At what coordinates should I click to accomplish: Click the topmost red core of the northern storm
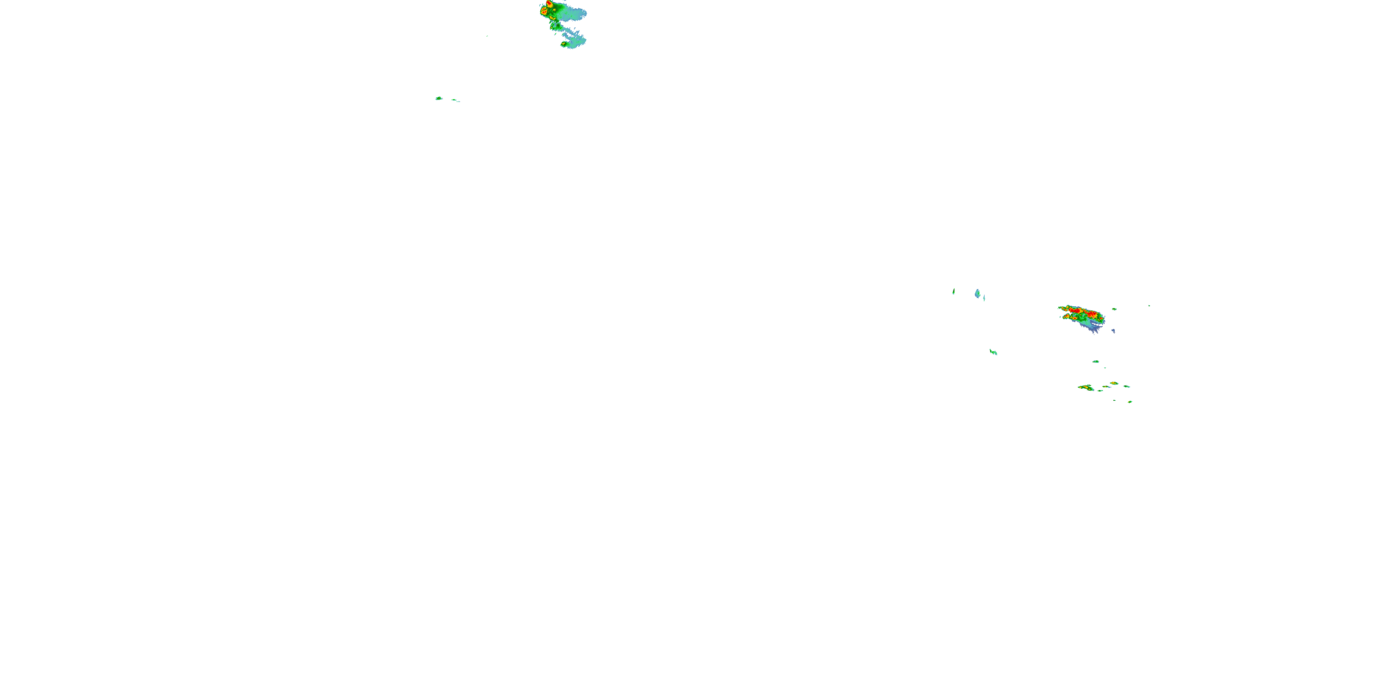[x=549, y=3]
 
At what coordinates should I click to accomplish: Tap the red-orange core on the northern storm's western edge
[x=544, y=11]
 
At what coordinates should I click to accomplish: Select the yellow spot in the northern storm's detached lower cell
[x=563, y=43]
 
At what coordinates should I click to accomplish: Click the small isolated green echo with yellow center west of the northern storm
[x=439, y=98]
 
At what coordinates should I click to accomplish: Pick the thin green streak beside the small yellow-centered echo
[x=455, y=101]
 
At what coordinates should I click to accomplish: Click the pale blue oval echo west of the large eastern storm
[x=977, y=294]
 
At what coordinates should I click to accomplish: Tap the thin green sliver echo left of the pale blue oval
[x=954, y=291]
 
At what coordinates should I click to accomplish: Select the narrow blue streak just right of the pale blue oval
[x=984, y=297]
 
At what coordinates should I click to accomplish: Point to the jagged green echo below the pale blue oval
[x=993, y=352]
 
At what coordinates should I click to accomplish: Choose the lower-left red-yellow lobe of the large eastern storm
[x=1068, y=317]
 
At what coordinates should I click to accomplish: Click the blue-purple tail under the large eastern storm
[x=1093, y=328]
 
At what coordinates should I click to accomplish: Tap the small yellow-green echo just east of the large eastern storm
[x=1114, y=309]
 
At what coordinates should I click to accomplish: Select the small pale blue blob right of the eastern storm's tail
[x=1113, y=331]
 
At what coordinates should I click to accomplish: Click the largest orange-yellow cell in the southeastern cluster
[x=1086, y=387]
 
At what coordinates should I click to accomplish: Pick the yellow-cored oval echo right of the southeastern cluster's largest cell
[x=1114, y=383]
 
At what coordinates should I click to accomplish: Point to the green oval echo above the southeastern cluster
[x=1096, y=361]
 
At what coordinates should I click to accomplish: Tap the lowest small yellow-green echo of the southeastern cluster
[x=1130, y=401]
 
